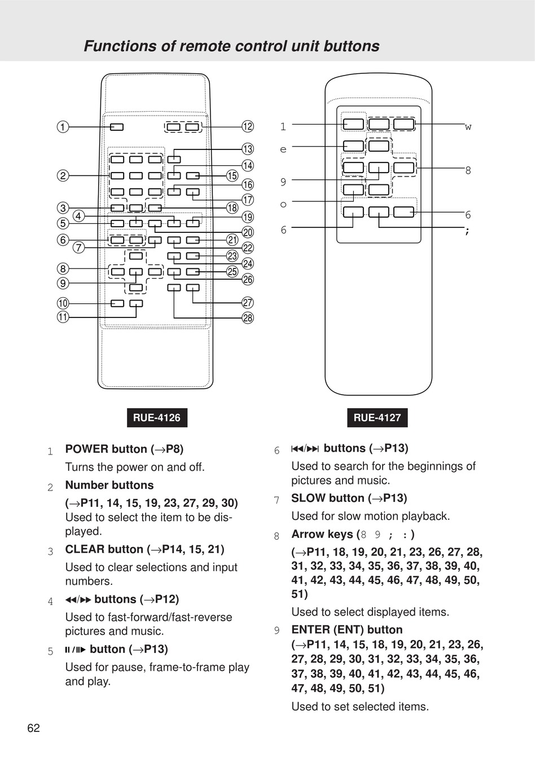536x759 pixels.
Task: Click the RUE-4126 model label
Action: (157, 418)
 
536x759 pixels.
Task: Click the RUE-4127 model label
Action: (377, 418)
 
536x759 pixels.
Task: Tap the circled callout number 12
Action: (248, 126)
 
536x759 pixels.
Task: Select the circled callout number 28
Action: (248, 318)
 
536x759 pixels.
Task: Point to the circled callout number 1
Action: (63, 127)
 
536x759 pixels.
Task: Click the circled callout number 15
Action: (232, 176)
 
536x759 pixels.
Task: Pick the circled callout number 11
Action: (63, 317)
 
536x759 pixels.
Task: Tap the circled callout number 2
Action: (63, 176)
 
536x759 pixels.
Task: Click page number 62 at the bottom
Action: (34, 728)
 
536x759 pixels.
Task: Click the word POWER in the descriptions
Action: (87, 449)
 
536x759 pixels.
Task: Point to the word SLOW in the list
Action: (308, 498)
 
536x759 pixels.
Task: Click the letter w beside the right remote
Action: (468, 127)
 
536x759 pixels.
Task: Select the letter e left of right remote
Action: (283, 149)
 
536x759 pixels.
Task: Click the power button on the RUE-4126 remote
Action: (117, 127)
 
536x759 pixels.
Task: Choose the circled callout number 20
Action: (248, 232)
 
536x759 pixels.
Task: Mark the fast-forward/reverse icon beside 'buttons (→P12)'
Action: (78, 600)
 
